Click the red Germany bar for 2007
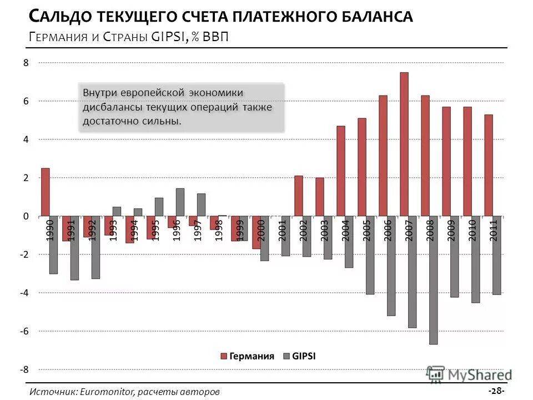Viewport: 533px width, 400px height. point(404,144)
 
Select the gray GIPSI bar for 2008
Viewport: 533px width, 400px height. point(433,280)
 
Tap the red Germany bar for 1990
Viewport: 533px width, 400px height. point(46,192)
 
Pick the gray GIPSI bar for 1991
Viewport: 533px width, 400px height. point(74,248)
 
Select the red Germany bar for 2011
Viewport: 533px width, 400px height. point(489,166)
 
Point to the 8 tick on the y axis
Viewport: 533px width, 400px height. point(26,63)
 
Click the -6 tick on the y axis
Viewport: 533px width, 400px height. point(24,331)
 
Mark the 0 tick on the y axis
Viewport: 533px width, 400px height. point(26,216)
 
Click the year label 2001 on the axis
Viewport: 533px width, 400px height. point(283,231)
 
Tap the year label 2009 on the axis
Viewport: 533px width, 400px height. point(451,231)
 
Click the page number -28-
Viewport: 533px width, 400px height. point(496,391)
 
